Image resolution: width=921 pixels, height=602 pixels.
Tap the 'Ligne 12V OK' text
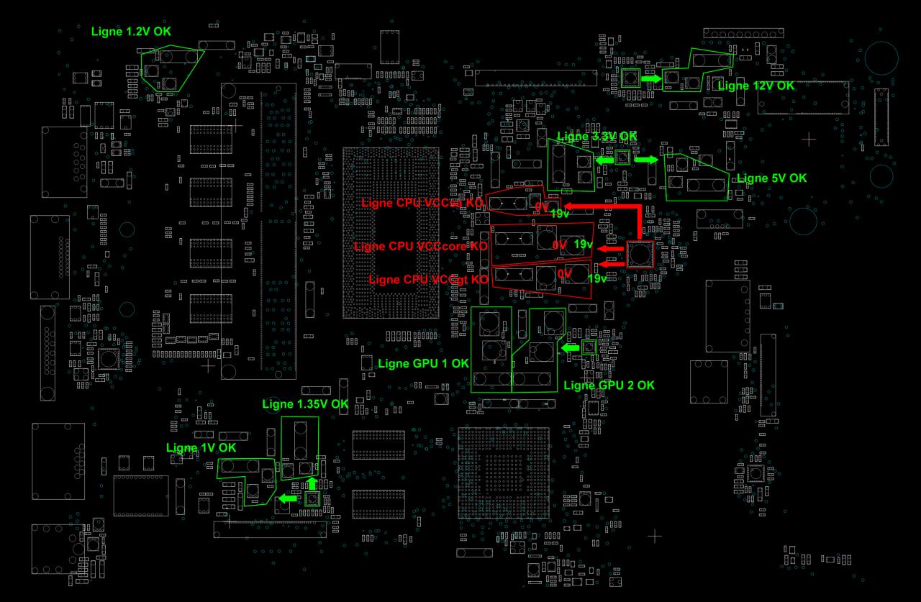[x=756, y=86]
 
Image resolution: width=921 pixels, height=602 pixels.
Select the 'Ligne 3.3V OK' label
[x=596, y=136]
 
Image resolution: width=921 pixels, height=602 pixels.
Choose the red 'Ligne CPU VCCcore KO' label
[x=421, y=246]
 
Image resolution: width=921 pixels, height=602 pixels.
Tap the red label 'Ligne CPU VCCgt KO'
[x=428, y=278]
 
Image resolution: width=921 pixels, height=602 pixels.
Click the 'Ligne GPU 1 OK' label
[x=423, y=363]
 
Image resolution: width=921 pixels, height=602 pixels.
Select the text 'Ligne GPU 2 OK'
[x=609, y=385]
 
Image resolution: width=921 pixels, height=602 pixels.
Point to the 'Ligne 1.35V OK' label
[x=305, y=404]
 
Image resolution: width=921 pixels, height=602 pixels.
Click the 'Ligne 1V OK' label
[x=201, y=447]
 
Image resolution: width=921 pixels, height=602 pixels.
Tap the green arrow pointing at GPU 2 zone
[x=569, y=348]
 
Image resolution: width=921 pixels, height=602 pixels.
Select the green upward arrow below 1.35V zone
[x=312, y=483]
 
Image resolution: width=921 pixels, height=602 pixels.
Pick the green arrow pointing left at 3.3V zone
[x=604, y=161]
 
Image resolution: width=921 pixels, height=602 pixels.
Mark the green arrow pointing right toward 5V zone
[x=645, y=160]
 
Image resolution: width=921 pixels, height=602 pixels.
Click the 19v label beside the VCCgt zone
[x=598, y=278]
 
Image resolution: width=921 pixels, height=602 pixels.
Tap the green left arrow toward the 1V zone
[x=289, y=498]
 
